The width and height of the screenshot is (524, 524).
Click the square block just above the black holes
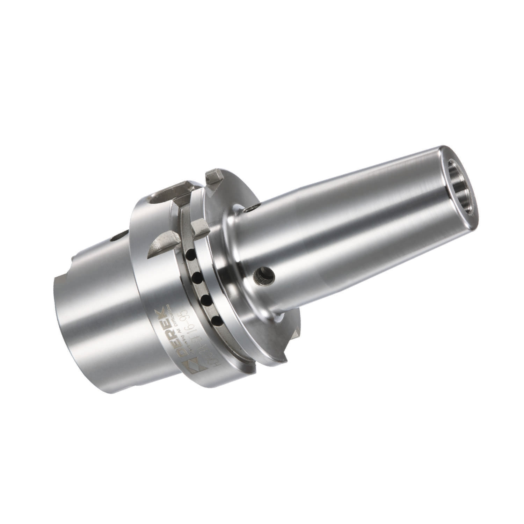coord(199,227)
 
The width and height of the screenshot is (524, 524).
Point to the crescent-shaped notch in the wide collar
coord(159,246)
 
